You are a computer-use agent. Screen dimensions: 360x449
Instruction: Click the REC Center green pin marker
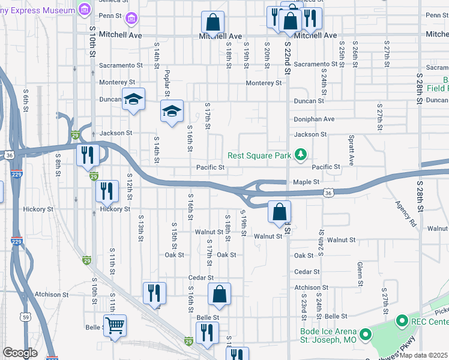(x=402, y=322)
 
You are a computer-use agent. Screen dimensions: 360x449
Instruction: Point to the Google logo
(x=20, y=353)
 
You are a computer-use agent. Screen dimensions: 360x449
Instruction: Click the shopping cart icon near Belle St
(x=115, y=326)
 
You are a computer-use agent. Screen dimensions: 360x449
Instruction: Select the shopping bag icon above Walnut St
(x=279, y=211)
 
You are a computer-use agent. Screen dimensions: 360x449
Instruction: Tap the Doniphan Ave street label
(x=314, y=119)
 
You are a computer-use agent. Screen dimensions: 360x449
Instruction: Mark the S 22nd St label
(x=288, y=58)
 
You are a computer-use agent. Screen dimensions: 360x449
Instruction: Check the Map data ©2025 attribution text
(x=424, y=355)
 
